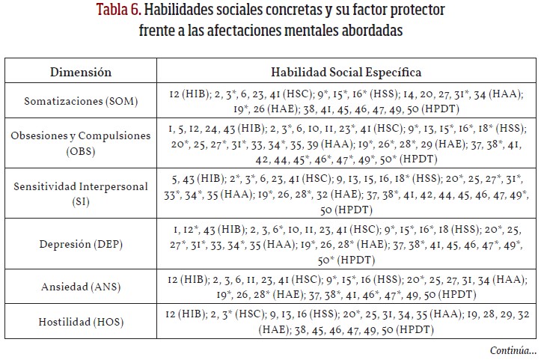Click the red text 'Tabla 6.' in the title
[x=119, y=12]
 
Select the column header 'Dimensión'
[x=81, y=73]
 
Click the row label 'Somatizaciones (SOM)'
[x=81, y=101]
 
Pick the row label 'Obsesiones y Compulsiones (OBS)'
[x=81, y=142]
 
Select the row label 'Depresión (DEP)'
[x=81, y=242]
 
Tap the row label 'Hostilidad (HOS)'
[x=81, y=323]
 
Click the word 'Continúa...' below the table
[x=513, y=350]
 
